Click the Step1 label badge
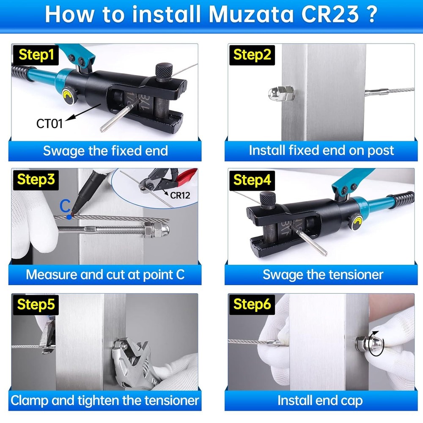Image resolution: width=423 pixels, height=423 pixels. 37,55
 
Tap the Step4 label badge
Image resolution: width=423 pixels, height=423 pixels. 252,180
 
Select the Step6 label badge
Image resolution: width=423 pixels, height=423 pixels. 252,304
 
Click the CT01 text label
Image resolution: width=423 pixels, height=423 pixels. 49,124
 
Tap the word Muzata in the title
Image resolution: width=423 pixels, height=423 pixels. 247,14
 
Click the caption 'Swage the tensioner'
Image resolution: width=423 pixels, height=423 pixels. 323,275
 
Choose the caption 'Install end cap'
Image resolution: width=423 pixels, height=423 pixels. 320,400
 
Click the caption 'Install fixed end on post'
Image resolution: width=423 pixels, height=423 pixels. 321,150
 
